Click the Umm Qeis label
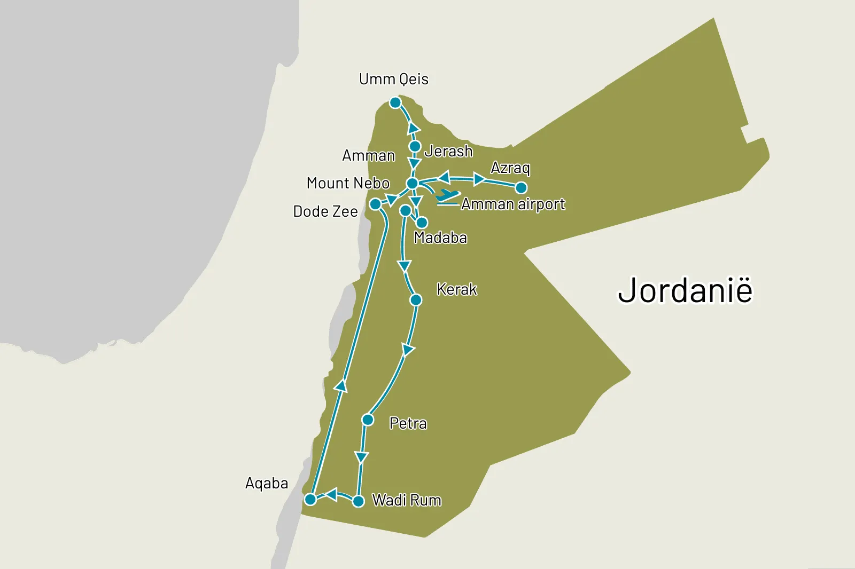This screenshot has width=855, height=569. (x=393, y=80)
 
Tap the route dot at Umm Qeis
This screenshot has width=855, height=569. (x=395, y=102)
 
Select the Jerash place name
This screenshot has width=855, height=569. (x=448, y=152)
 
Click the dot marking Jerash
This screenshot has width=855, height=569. (x=415, y=146)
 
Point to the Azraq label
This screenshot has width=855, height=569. (x=510, y=168)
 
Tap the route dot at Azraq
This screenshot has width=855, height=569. (x=521, y=187)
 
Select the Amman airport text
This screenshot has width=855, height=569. (x=513, y=204)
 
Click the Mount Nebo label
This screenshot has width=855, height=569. (x=348, y=183)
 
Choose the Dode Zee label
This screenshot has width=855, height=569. (x=325, y=211)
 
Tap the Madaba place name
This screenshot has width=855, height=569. (x=440, y=238)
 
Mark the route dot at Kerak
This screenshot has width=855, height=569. (x=416, y=300)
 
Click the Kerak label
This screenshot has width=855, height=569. (x=456, y=289)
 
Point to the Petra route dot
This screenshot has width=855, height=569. (x=368, y=420)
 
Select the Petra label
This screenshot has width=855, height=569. (x=408, y=424)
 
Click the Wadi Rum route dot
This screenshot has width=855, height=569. (x=359, y=501)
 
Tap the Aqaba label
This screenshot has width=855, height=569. (x=266, y=484)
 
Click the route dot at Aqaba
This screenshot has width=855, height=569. (x=310, y=500)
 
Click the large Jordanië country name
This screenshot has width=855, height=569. (x=685, y=290)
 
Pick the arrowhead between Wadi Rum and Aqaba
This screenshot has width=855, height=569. (x=331, y=494)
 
